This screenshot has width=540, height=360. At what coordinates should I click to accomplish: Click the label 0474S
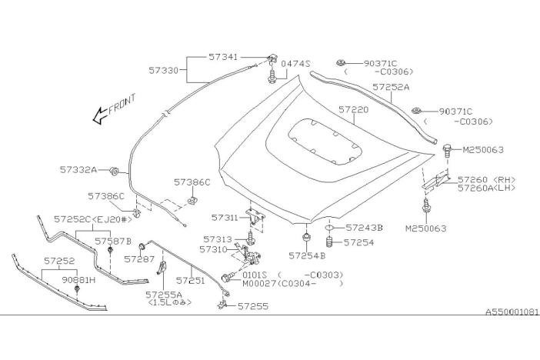(x=295, y=64)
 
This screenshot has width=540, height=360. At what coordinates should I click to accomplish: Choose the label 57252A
(x=391, y=88)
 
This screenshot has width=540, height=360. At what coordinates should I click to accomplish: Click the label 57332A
(x=78, y=168)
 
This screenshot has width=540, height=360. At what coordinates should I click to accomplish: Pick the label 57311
(x=227, y=218)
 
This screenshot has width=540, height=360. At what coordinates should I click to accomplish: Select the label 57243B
(x=364, y=228)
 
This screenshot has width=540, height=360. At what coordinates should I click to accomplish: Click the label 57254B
(x=308, y=255)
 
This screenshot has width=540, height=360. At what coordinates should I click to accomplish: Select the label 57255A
(x=164, y=294)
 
